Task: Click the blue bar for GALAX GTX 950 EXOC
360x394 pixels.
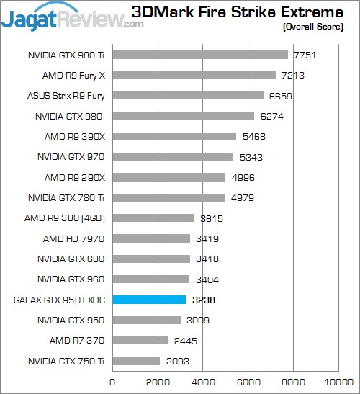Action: click(149, 299)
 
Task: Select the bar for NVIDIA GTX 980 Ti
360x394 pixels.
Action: click(200, 54)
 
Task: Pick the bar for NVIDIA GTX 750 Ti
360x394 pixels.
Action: click(136, 360)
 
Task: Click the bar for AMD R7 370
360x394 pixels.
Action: click(140, 340)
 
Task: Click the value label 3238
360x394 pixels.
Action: click(203, 300)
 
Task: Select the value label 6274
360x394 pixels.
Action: click(271, 116)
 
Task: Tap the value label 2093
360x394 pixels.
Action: click(177, 361)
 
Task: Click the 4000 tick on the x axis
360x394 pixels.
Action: click(203, 382)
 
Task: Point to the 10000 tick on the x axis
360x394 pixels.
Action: click(338, 382)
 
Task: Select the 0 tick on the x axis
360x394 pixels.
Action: click(112, 382)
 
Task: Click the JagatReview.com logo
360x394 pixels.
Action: click(72, 16)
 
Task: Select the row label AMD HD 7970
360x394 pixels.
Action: click(76, 238)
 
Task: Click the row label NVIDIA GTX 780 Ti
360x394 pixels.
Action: click(66, 197)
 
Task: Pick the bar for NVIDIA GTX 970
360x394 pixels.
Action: click(173, 156)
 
